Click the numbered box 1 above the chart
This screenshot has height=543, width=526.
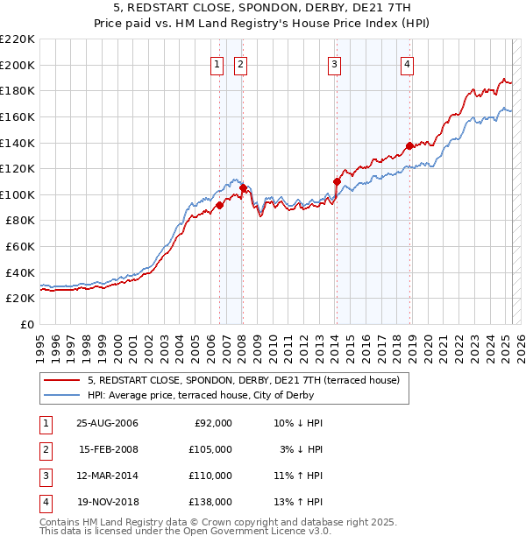pos(217,63)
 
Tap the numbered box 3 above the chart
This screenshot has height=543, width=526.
pos(335,63)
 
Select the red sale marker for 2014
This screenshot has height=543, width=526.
pos(337,181)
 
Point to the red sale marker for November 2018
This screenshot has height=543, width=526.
pos(409,146)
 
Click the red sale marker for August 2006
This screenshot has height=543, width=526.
pos(219,205)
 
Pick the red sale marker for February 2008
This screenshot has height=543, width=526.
pos(243,187)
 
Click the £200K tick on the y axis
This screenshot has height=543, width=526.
pos(18,65)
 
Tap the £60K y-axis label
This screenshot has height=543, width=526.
pos(20,247)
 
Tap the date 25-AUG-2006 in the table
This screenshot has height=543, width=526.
pos(107,423)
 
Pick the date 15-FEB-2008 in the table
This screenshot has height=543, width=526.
pos(107,449)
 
